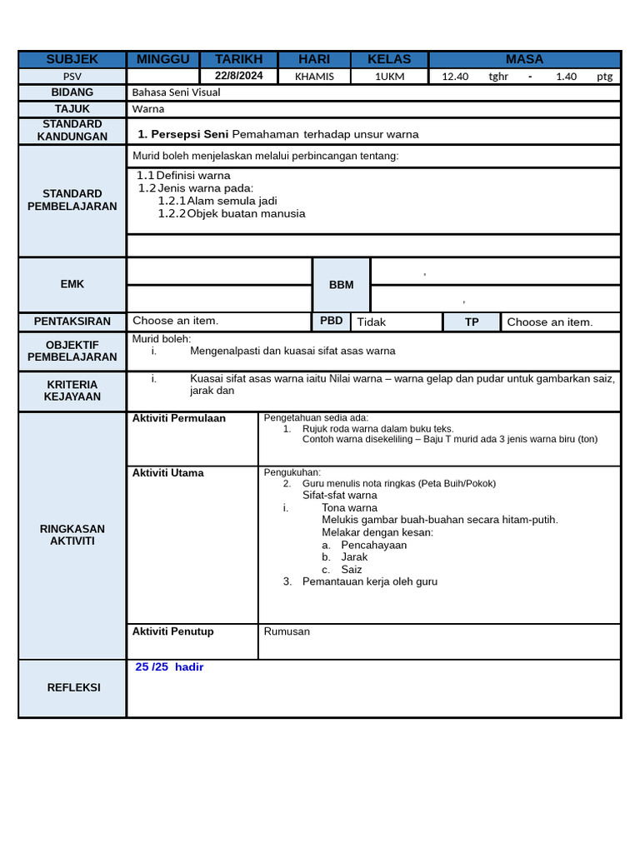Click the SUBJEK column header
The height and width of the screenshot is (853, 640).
[72, 59]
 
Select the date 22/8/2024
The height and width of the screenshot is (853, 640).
[238, 76]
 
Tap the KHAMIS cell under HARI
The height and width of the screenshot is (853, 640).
[314, 76]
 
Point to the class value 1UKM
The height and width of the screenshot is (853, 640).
[390, 76]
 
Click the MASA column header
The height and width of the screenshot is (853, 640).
[524, 59]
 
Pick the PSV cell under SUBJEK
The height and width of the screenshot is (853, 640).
[72, 76]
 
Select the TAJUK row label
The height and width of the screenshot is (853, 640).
[72, 109]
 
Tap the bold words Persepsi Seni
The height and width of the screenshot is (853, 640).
[189, 134]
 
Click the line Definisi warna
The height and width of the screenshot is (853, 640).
[193, 176]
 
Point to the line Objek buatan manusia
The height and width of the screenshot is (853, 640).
[246, 213]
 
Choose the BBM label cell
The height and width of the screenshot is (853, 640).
[341, 285]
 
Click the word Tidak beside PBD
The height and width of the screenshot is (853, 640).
[372, 322]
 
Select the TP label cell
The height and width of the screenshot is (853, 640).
[472, 322]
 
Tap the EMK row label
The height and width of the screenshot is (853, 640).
[72, 284]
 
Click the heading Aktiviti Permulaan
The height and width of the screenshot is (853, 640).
[179, 418]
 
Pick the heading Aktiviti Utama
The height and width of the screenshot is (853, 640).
[167, 473]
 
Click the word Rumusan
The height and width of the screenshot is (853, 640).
[287, 631]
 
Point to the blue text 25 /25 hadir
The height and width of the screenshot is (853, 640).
[169, 667]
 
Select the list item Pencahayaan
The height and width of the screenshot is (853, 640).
[374, 545]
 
